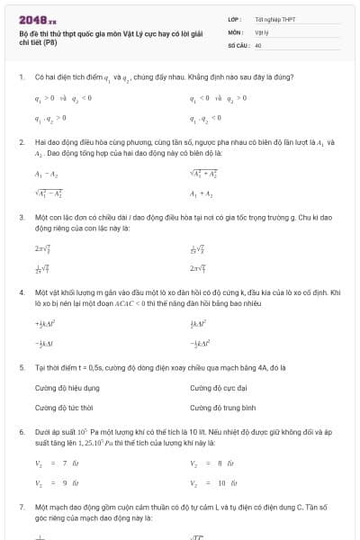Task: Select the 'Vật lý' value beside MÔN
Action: (262, 31)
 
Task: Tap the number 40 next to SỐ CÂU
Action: (258, 44)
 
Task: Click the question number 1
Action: (21, 77)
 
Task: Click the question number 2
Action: (21, 143)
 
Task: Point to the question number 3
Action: (21, 217)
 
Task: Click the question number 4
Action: (21, 293)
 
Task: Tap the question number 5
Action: (21, 367)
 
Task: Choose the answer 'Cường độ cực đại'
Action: (218, 388)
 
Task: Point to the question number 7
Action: (21, 508)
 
